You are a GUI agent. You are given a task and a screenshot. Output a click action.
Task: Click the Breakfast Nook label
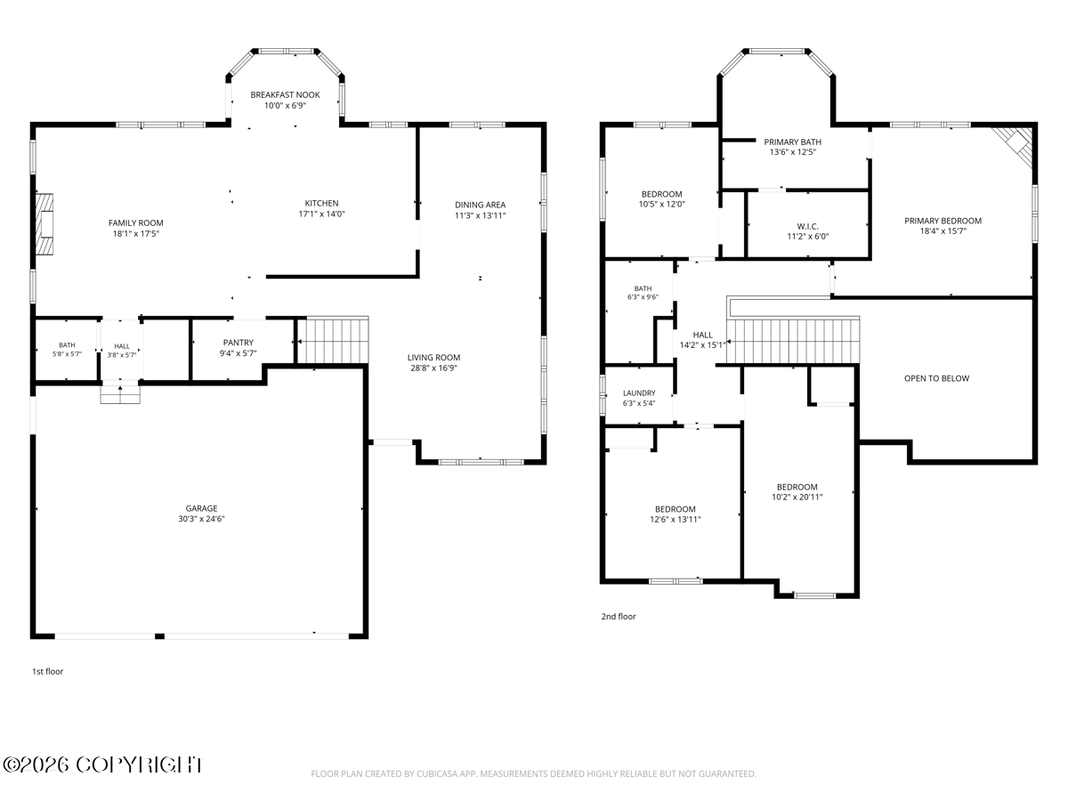pos(285,95)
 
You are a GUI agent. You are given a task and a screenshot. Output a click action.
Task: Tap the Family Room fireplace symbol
pos(44,224)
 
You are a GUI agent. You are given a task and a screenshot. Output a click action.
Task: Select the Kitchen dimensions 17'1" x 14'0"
pos(321,214)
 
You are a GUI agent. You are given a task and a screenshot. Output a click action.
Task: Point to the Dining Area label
pos(481,205)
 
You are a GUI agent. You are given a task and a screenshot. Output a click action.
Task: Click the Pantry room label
pos(239,343)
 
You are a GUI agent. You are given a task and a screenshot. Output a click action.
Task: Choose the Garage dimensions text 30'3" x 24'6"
pos(201,519)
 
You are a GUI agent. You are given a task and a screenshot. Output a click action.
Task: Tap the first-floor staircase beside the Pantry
pos(333,340)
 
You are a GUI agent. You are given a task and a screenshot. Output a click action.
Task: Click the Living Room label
pos(433,358)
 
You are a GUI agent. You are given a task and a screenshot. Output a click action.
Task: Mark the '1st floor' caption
pos(48,672)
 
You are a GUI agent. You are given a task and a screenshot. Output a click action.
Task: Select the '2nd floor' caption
pos(619,617)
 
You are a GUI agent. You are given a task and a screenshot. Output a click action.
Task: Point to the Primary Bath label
pos(793,142)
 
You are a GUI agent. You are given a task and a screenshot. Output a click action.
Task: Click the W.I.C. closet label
pos(808,226)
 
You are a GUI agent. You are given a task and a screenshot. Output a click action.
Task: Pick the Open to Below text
pos(936,378)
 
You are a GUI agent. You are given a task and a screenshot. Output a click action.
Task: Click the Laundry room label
pos(639,393)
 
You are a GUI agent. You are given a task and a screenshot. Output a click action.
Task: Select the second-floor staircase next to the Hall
pos(793,341)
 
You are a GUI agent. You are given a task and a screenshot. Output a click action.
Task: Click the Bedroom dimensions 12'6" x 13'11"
pos(676,520)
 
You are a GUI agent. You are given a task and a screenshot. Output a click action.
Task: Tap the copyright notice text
pos(103,765)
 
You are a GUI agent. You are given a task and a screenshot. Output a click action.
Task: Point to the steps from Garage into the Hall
pos(120,394)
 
